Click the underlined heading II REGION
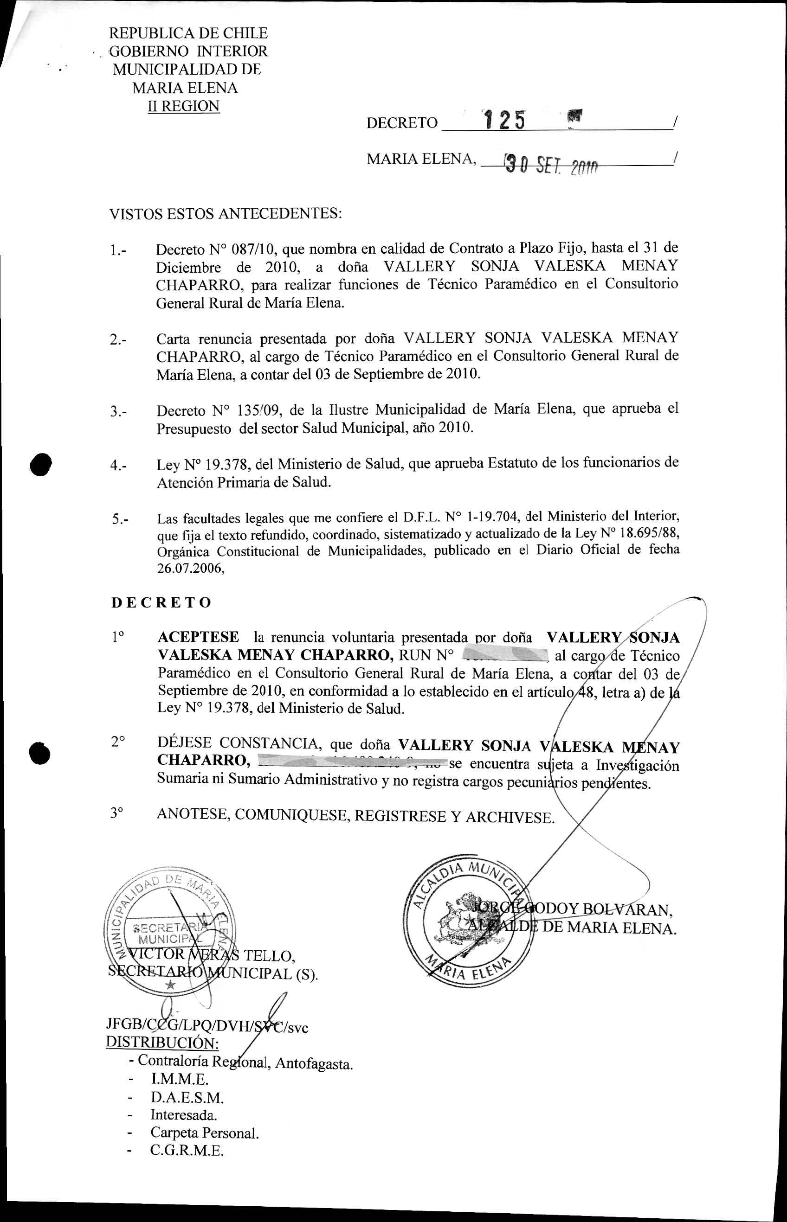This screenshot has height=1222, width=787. tap(183, 106)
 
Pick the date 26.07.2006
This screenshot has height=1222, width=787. tap(190, 569)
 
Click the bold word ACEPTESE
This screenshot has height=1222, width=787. tap(198, 637)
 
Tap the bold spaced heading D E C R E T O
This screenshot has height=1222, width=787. tap(161, 602)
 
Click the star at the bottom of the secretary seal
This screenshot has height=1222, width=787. tap(171, 985)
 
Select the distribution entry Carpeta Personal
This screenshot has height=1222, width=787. tap(205, 1132)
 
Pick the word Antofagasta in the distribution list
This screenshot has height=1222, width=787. tap(314, 1064)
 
